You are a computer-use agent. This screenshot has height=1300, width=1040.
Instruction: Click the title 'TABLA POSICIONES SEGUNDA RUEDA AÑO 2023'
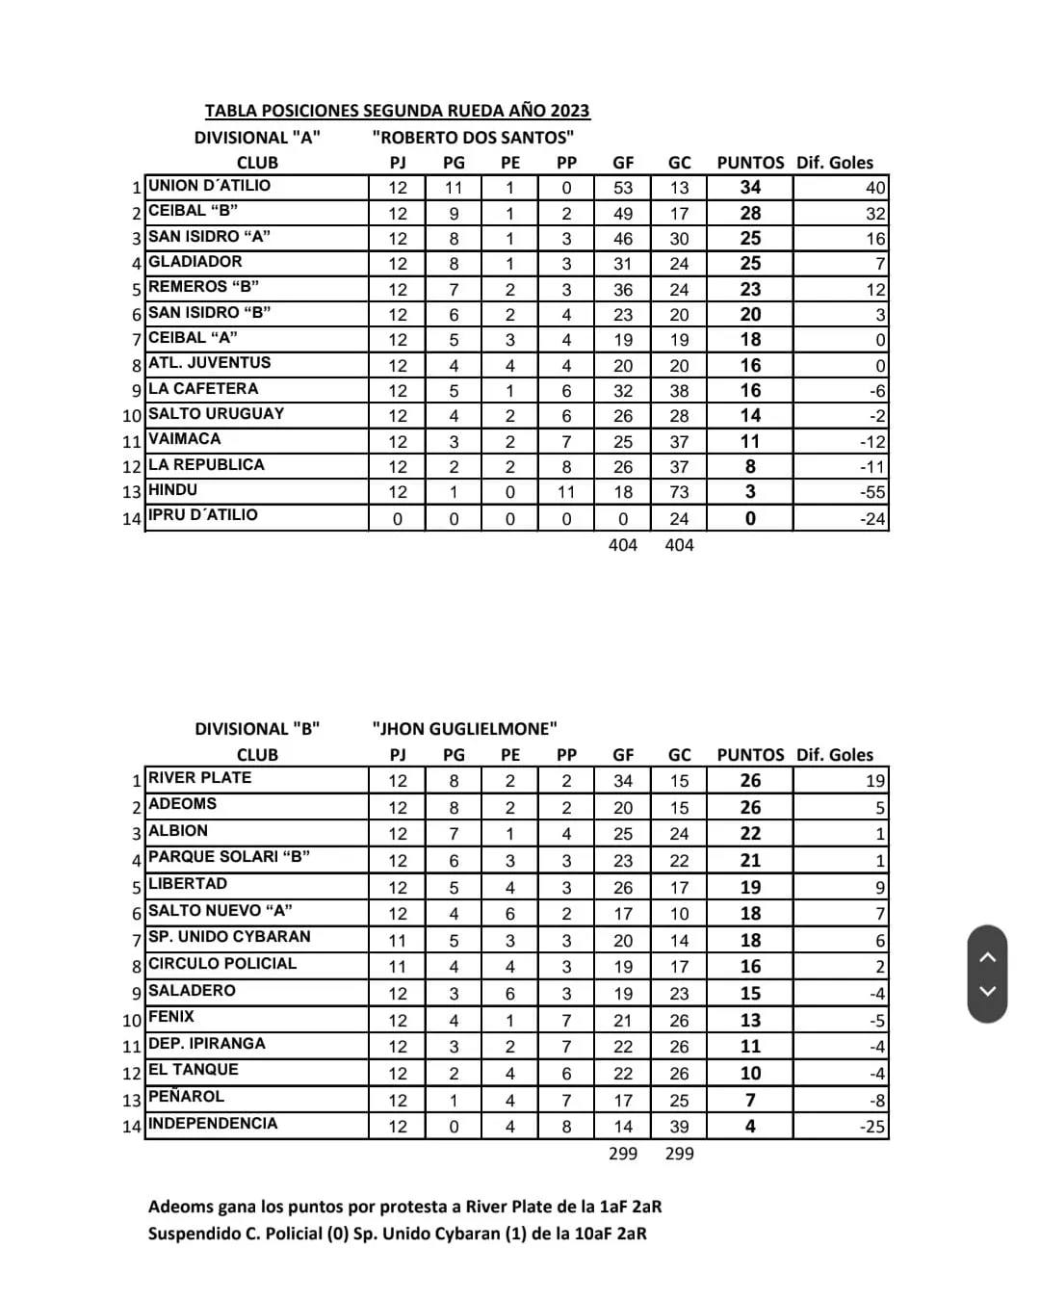[397, 111]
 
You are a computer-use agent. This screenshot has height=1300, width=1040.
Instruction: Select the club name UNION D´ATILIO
[209, 186]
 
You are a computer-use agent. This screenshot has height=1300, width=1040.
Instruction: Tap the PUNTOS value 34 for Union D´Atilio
[750, 188]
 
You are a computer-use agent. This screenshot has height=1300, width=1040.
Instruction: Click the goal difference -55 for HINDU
[871, 492]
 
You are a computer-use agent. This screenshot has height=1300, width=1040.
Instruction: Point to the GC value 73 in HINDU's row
[679, 492]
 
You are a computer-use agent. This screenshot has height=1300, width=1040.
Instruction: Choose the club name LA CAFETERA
[203, 389]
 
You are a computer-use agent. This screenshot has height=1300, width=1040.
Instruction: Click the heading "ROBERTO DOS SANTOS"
[473, 138]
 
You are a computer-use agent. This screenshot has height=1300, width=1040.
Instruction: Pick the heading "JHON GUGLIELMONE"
[464, 729]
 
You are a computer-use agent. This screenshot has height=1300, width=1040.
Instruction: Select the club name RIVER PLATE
[199, 778]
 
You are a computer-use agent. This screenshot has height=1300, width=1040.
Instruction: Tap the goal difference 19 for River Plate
[874, 781]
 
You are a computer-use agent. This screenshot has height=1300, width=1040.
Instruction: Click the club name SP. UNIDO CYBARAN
[229, 937]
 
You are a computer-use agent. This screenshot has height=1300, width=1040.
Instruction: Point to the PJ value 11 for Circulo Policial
[398, 967]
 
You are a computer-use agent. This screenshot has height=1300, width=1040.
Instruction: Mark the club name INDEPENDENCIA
[212, 1124]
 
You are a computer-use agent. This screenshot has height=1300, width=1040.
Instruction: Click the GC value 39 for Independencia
[679, 1127]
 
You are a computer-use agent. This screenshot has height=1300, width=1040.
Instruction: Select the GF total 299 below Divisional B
[623, 1154]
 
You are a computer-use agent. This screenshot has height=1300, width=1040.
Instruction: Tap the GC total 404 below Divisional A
[679, 545]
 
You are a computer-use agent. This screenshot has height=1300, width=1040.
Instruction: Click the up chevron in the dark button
[987, 956]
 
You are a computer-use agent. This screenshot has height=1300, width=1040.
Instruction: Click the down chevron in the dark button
[987, 991]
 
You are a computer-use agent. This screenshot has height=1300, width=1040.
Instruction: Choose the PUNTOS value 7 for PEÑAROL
[750, 1100]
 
